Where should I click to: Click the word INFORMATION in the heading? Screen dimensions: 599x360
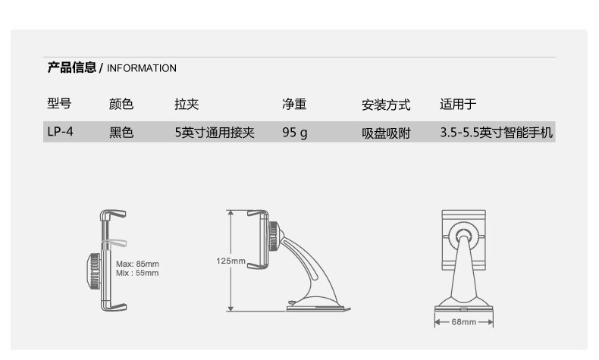pyautogui.click(x=142, y=68)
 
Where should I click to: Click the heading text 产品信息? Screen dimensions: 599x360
pyautogui.click(x=71, y=67)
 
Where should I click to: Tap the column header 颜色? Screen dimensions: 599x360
pyautogui.click(x=121, y=105)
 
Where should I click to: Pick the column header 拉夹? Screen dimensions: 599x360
pyautogui.click(x=186, y=105)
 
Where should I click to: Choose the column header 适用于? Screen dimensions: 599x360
pyautogui.click(x=458, y=105)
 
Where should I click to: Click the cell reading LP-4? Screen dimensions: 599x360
pyautogui.click(x=59, y=133)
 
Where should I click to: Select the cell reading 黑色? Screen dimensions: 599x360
pyautogui.click(x=121, y=133)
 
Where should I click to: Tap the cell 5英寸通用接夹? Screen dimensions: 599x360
pyautogui.click(x=214, y=133)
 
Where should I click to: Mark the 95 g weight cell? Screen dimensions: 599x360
pyautogui.click(x=294, y=133)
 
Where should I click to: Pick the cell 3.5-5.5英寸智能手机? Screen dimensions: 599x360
pyautogui.click(x=496, y=133)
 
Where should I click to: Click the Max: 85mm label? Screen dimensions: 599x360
pyautogui.click(x=137, y=264)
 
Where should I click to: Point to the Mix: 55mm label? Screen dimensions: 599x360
pyautogui.click(x=137, y=273)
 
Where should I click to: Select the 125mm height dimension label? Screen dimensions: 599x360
pyautogui.click(x=231, y=261)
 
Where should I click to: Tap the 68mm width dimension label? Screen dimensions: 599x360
pyautogui.click(x=463, y=322)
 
